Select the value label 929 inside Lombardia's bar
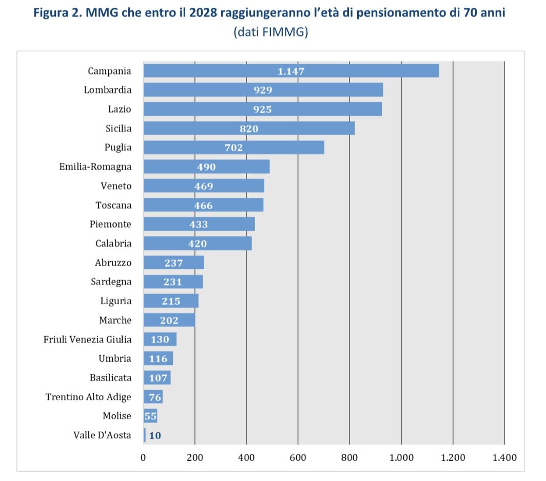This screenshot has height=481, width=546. [x=263, y=90]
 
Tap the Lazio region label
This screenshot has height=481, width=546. [x=120, y=109]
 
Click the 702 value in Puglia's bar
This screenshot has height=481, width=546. [x=233, y=147]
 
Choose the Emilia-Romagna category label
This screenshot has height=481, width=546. [x=95, y=166]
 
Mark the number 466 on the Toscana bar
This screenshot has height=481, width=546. [x=203, y=206]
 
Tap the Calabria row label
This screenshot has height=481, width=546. [x=113, y=244]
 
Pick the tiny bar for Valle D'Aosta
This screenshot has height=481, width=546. [x=145, y=435]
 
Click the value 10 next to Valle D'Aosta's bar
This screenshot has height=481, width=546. [x=155, y=435]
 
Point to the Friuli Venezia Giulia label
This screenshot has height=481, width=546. [x=88, y=339]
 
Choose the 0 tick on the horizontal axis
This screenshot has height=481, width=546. [x=143, y=457]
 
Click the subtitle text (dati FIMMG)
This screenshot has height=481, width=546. [x=270, y=32]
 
